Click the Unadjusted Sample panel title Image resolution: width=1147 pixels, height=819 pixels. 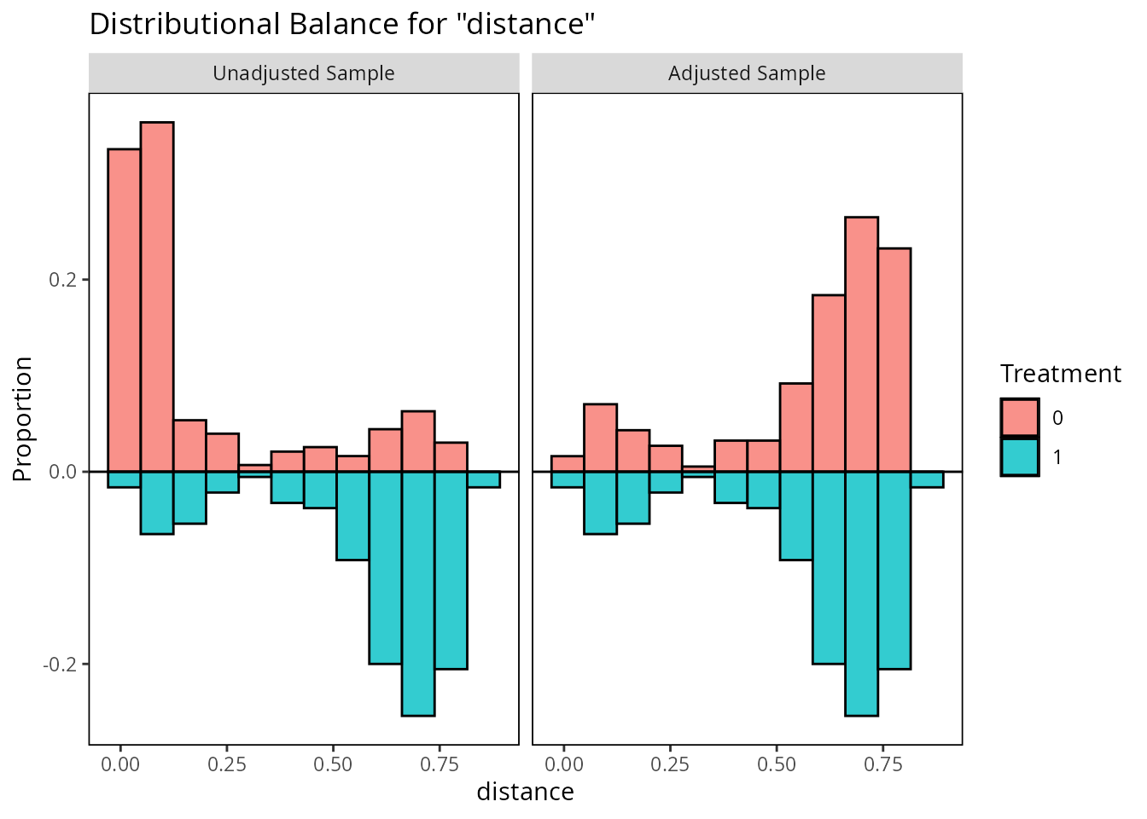tap(304, 73)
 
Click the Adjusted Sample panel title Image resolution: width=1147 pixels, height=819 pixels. tap(747, 73)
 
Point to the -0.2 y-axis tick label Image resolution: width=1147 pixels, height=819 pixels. tap(60, 664)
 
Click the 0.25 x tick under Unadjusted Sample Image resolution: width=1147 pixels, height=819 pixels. tap(226, 764)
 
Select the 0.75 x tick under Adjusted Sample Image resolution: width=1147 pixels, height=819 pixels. tap(882, 764)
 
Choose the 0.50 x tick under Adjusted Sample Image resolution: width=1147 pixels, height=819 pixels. tap(776, 764)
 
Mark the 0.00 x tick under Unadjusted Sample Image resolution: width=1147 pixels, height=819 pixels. tap(120, 764)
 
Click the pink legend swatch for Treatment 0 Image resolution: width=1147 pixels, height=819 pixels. tap(1020, 418)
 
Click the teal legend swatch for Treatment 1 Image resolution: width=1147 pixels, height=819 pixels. tap(1020, 457)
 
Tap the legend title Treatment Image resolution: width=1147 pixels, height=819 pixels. tap(1060, 374)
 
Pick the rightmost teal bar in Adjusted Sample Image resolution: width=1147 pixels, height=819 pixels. tap(927, 479)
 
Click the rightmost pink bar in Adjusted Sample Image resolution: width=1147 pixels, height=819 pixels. tap(894, 359)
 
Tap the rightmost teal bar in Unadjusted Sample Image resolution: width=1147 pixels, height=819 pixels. tap(484, 479)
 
